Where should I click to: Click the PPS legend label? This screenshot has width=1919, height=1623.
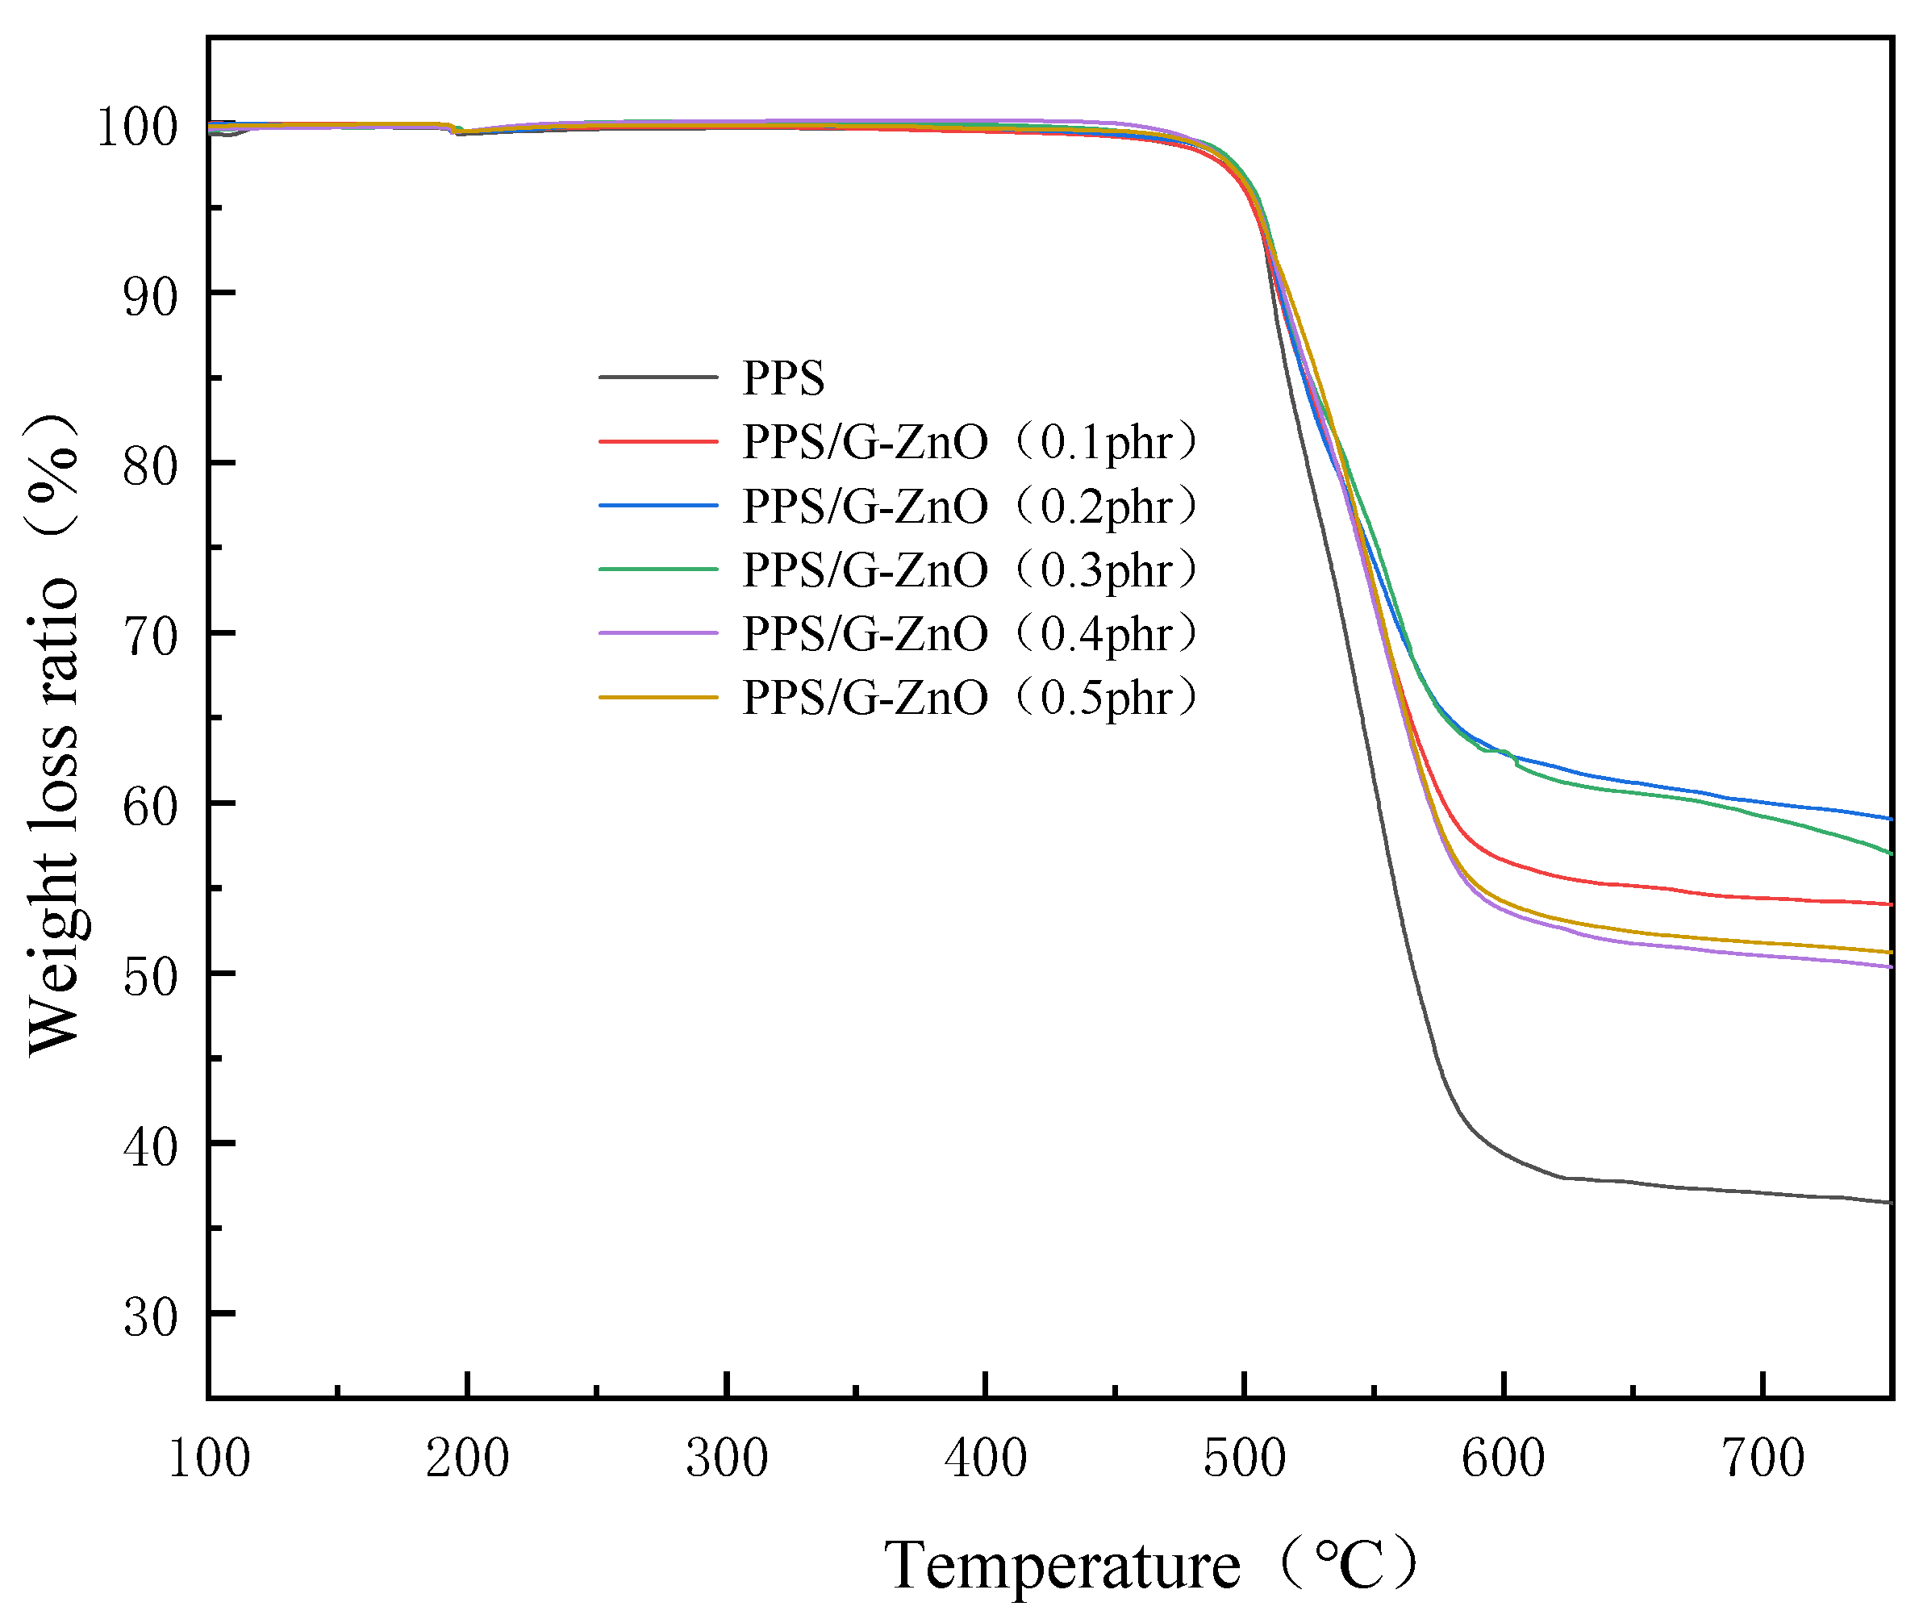pyautogui.click(x=783, y=378)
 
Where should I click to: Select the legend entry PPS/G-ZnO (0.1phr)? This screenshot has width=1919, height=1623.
pyautogui.click(x=970, y=443)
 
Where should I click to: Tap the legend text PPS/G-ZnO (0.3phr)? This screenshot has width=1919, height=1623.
pyautogui.click(x=970, y=570)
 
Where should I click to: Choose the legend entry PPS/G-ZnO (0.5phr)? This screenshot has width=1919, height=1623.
pyautogui.click(x=970, y=698)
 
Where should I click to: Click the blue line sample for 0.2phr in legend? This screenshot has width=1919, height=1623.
pyautogui.click(x=657, y=505)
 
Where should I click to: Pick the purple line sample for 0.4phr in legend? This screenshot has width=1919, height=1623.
pyautogui.click(x=657, y=633)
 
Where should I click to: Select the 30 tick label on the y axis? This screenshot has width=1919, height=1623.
pyautogui.click(x=150, y=1317)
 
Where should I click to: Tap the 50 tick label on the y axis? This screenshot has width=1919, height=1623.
pyautogui.click(x=150, y=977)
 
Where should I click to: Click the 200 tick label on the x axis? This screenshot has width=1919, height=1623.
pyautogui.click(x=467, y=1458)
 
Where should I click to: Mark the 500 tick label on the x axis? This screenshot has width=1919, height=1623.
pyautogui.click(x=1245, y=1458)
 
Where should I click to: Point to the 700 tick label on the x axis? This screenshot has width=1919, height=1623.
pyautogui.click(x=1763, y=1458)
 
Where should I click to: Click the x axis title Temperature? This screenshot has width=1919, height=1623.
pyautogui.click(x=1062, y=1565)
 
